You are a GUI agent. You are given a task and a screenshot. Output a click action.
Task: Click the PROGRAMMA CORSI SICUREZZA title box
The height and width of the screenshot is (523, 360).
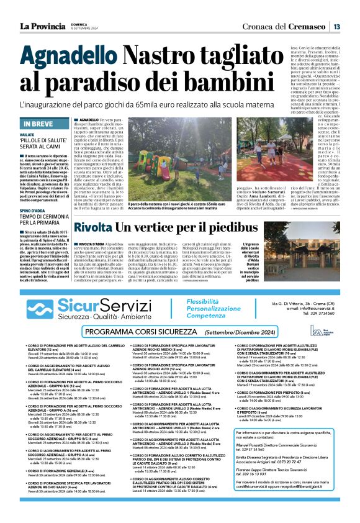[x=179, y=333]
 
